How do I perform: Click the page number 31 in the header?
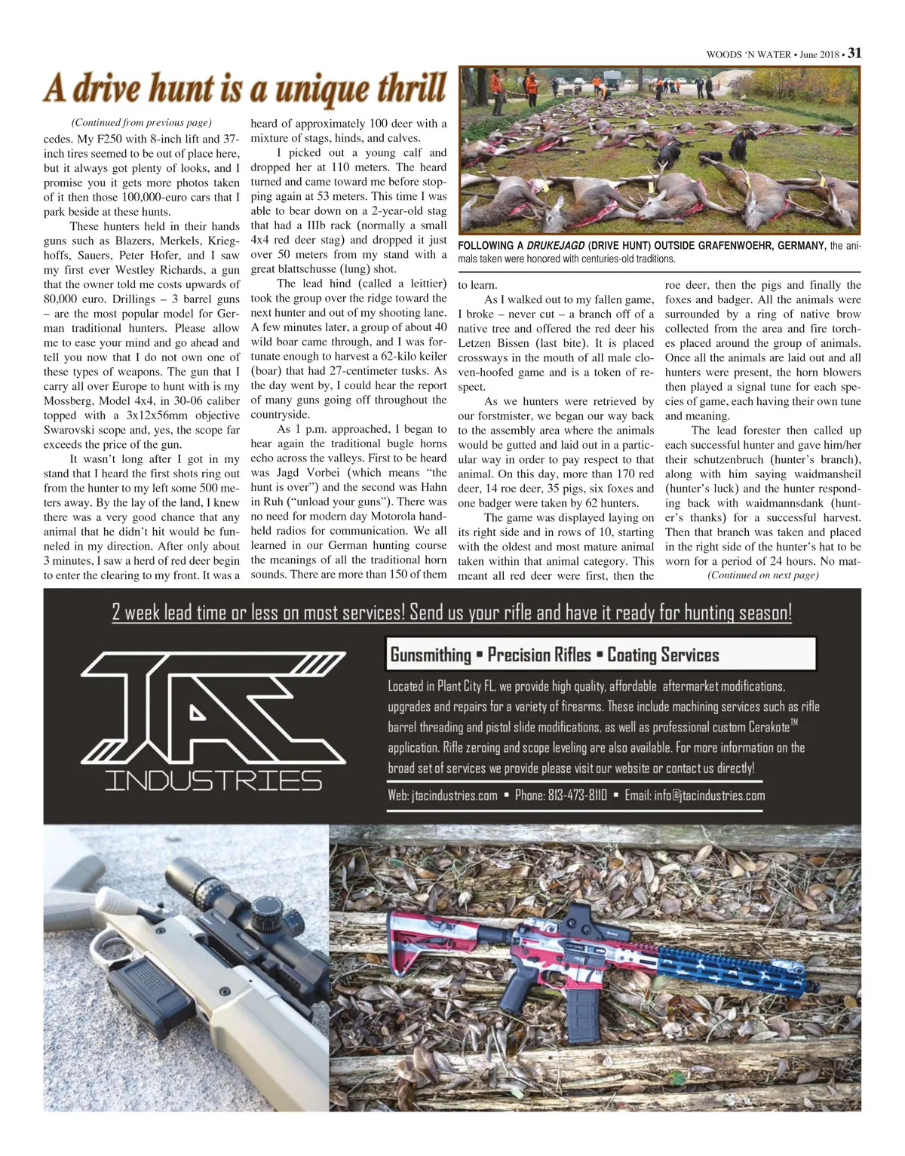click(x=854, y=53)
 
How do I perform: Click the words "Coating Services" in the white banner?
click(x=663, y=655)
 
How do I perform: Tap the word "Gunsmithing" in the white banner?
click(x=430, y=655)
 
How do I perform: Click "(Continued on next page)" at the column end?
click(x=762, y=575)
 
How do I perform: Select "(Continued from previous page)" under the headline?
click(x=141, y=122)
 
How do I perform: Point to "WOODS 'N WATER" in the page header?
click(x=748, y=54)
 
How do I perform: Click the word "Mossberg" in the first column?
click(x=69, y=400)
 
